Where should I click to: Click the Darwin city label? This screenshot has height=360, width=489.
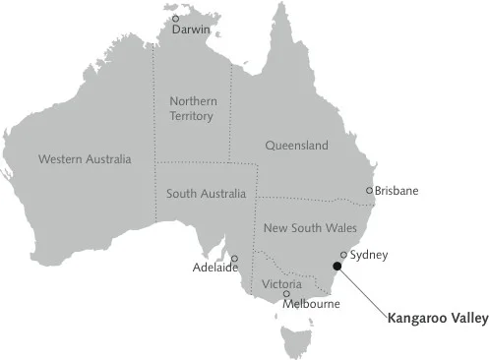(191, 30)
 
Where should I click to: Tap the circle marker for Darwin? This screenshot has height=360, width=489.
(176, 18)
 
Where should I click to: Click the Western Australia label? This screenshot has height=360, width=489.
(84, 158)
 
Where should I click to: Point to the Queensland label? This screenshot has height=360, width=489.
(296, 146)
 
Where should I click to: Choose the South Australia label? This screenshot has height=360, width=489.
(207, 194)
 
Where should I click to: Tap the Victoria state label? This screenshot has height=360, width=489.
(281, 284)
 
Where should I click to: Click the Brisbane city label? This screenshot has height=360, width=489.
(397, 190)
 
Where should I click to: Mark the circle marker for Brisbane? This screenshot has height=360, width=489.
(369, 191)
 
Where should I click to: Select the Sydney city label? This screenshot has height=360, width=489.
(369, 255)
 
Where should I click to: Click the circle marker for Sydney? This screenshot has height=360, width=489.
(343, 255)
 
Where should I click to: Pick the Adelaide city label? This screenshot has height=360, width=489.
(214, 268)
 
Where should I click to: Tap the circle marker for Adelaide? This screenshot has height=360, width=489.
(234, 258)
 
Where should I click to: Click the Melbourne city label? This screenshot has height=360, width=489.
(311, 304)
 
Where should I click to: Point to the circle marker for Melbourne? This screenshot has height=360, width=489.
(286, 293)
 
